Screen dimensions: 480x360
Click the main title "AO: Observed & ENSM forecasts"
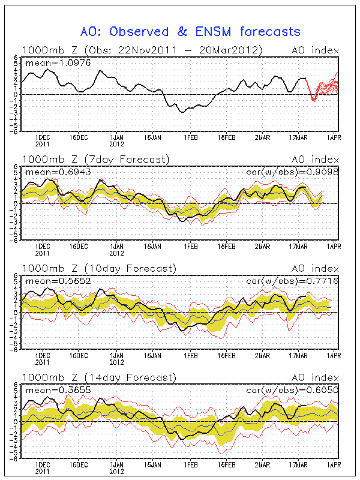pyautogui.click(x=191, y=31)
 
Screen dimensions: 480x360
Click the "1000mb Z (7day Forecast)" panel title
pyautogui.click(x=96, y=159)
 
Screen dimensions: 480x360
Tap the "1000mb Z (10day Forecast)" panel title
pyautogui.click(x=99, y=268)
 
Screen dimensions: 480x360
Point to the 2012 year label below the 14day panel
pyautogui.click(x=116, y=472)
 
